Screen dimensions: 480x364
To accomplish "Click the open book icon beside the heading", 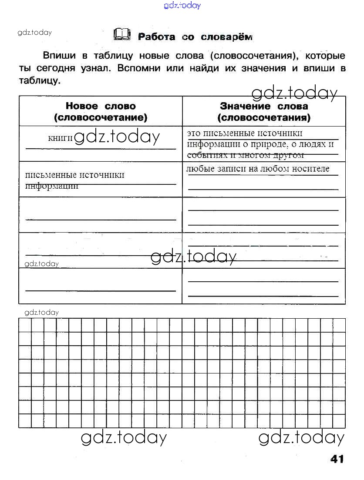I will [x=121, y=34].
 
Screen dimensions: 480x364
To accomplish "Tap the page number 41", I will [x=337, y=459].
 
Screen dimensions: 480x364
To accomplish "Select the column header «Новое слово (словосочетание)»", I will [x=101, y=111].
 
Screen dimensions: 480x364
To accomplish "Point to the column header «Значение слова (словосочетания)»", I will [x=264, y=111].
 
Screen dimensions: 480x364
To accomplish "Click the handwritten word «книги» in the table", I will [x=60, y=138].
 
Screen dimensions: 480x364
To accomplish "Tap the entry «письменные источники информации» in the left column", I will [x=75, y=180].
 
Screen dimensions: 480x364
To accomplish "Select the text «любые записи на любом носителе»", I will [x=258, y=169].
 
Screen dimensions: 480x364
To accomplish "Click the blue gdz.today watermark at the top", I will [x=182, y=6].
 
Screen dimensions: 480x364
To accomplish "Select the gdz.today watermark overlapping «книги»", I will [x=117, y=137].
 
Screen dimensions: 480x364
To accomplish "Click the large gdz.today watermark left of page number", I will [x=124, y=437].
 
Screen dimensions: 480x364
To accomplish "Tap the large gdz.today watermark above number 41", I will [x=301, y=437].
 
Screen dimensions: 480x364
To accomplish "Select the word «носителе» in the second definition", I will [x=310, y=169].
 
